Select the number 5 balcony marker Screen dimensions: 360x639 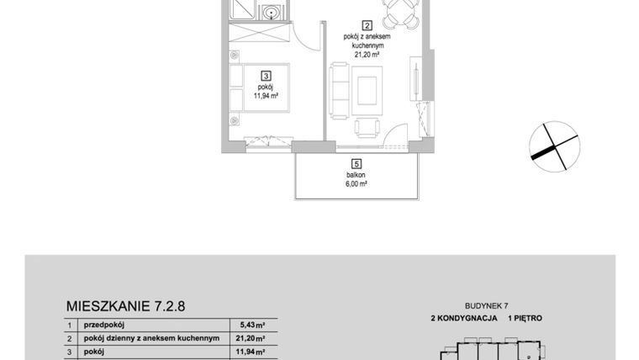click(x=356, y=164)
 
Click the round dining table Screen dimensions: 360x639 click(x=398, y=12)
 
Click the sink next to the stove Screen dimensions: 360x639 click(x=271, y=13)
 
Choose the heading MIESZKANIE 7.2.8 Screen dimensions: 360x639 click(x=124, y=306)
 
